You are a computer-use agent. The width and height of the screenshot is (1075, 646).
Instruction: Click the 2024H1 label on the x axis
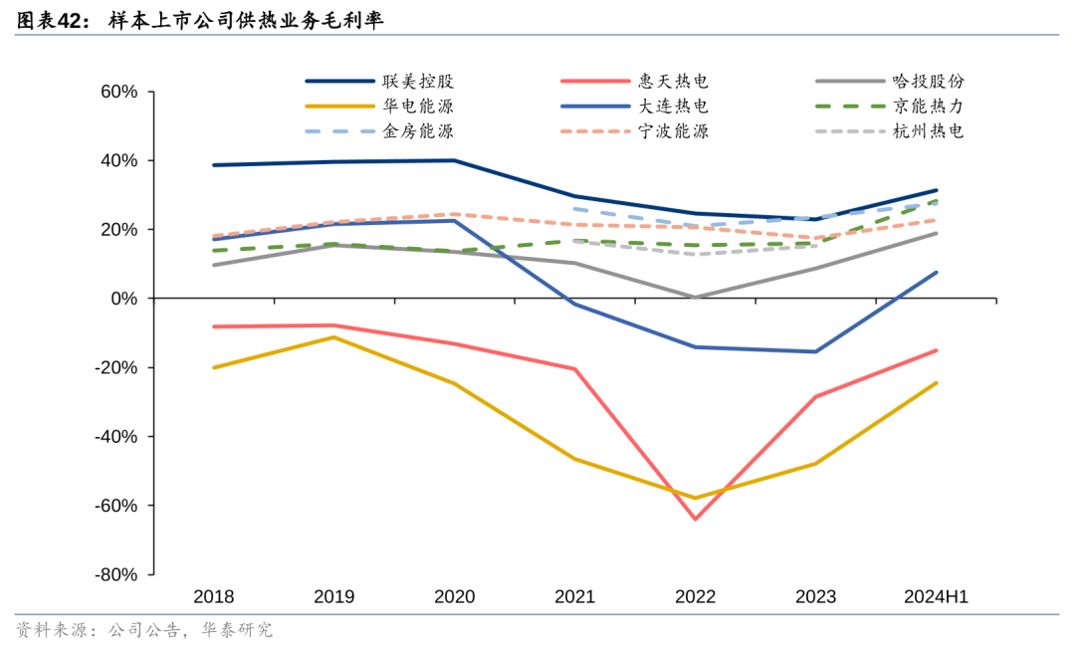(936, 597)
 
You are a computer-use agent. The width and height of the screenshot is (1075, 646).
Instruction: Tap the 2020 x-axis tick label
(454, 597)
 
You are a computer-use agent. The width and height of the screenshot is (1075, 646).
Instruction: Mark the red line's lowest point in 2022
(695, 519)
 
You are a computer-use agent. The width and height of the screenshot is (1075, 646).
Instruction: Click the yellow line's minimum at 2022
(695, 498)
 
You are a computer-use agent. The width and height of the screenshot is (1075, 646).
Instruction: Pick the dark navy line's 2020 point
(454, 160)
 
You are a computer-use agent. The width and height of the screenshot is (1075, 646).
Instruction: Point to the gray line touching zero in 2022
(695, 298)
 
